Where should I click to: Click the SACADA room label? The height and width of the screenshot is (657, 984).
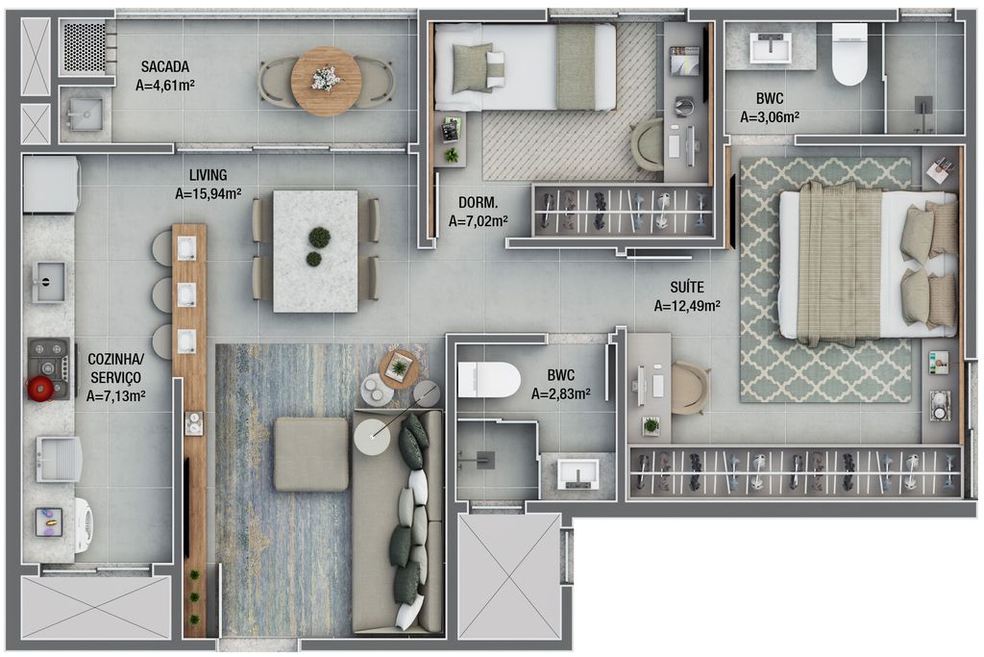[165, 66]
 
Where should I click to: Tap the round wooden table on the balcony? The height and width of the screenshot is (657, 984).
[327, 81]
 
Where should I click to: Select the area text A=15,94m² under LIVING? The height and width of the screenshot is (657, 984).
[209, 194]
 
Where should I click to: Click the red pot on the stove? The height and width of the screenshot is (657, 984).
[39, 389]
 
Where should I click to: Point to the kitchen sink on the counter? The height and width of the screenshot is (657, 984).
[50, 282]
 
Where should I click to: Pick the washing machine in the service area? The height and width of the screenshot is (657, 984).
[85, 520]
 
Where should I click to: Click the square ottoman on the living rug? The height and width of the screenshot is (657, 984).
[310, 453]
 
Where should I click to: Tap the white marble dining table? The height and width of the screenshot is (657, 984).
[315, 251]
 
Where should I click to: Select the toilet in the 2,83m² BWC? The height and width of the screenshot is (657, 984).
[489, 379]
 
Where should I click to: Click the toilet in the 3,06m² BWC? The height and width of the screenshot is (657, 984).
[849, 54]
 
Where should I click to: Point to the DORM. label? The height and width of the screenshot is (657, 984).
[478, 203]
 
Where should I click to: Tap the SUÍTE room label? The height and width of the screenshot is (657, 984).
[687, 287]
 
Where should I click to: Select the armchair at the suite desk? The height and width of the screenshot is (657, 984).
[690, 389]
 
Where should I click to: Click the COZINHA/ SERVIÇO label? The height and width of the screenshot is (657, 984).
[115, 368]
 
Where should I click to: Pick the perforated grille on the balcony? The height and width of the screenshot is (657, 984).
[85, 47]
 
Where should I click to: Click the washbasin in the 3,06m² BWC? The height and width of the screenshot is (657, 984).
[770, 48]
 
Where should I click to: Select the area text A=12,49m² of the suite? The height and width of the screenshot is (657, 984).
[687, 306]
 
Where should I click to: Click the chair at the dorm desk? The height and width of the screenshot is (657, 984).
[648, 144]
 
